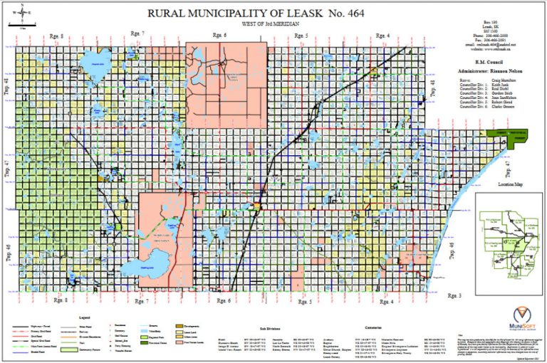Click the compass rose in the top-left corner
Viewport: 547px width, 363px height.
coord(24,11)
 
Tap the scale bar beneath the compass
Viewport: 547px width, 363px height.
coord(24,27)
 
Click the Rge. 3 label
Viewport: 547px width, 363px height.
coord(454,294)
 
